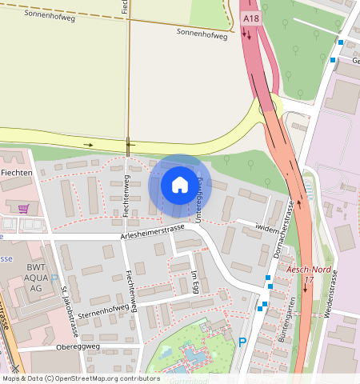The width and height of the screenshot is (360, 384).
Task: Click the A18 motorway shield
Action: point(250,17)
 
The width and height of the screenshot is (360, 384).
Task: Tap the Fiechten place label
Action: point(15,173)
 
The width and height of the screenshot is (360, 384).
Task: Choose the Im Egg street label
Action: point(194,281)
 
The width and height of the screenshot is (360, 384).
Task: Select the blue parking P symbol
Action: point(242,342)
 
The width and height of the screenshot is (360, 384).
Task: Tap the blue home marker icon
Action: point(180,185)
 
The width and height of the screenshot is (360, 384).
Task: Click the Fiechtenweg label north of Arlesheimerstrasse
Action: point(126,192)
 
